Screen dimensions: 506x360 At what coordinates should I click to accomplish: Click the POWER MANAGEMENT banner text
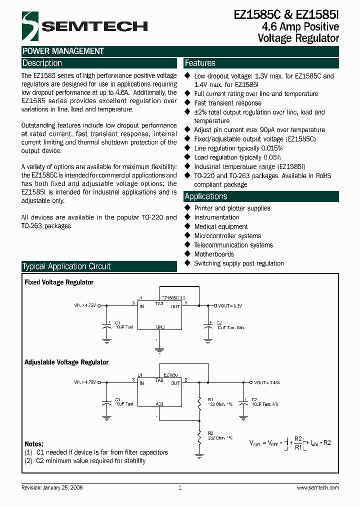(x=63, y=51)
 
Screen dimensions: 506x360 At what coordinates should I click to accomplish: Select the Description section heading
(x=42, y=63)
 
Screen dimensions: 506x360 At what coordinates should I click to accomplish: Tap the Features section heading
(x=200, y=63)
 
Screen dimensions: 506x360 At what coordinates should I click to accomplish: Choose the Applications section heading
(x=206, y=196)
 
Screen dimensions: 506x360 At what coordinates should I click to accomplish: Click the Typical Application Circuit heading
(x=66, y=266)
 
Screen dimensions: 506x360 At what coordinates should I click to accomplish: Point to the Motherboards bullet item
(x=214, y=254)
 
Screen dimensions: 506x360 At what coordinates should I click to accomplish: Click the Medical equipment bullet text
(x=221, y=226)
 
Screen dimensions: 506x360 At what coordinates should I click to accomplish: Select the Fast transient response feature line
(x=227, y=103)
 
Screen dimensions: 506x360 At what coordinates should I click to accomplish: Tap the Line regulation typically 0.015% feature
(x=238, y=148)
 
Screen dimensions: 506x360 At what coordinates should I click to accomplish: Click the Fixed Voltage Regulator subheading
(x=59, y=282)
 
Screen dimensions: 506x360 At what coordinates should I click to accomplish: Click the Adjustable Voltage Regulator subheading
(x=66, y=362)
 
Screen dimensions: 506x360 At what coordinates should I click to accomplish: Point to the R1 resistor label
(x=210, y=399)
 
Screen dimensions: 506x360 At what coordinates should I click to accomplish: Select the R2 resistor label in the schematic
(x=210, y=433)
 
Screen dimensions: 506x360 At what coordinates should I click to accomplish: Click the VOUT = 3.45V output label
(x=267, y=382)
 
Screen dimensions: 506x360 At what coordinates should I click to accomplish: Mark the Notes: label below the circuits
(x=34, y=444)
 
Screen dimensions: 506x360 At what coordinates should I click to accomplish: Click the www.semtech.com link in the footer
(x=318, y=487)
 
